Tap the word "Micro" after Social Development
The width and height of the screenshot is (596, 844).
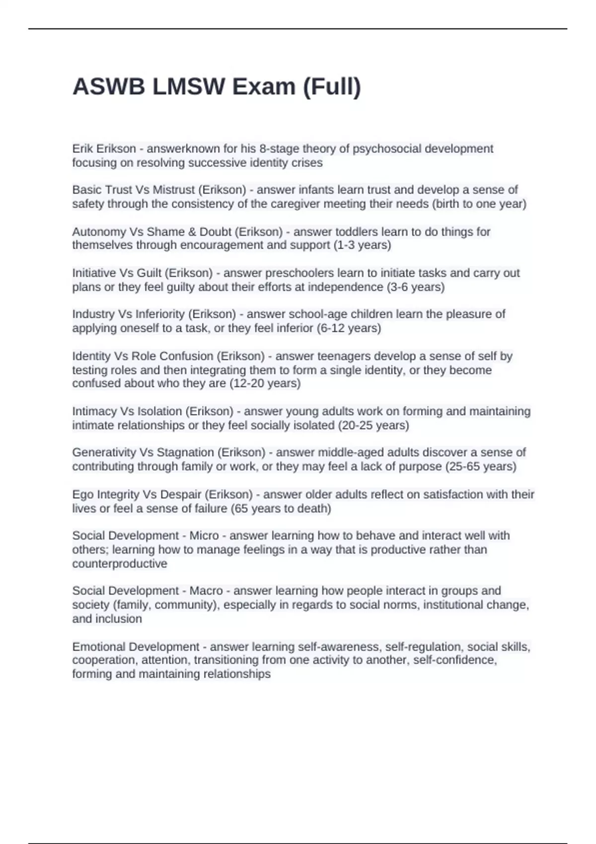(x=204, y=535)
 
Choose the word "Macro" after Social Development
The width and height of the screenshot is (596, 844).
(x=206, y=590)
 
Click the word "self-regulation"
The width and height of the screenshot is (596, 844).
(x=423, y=646)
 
